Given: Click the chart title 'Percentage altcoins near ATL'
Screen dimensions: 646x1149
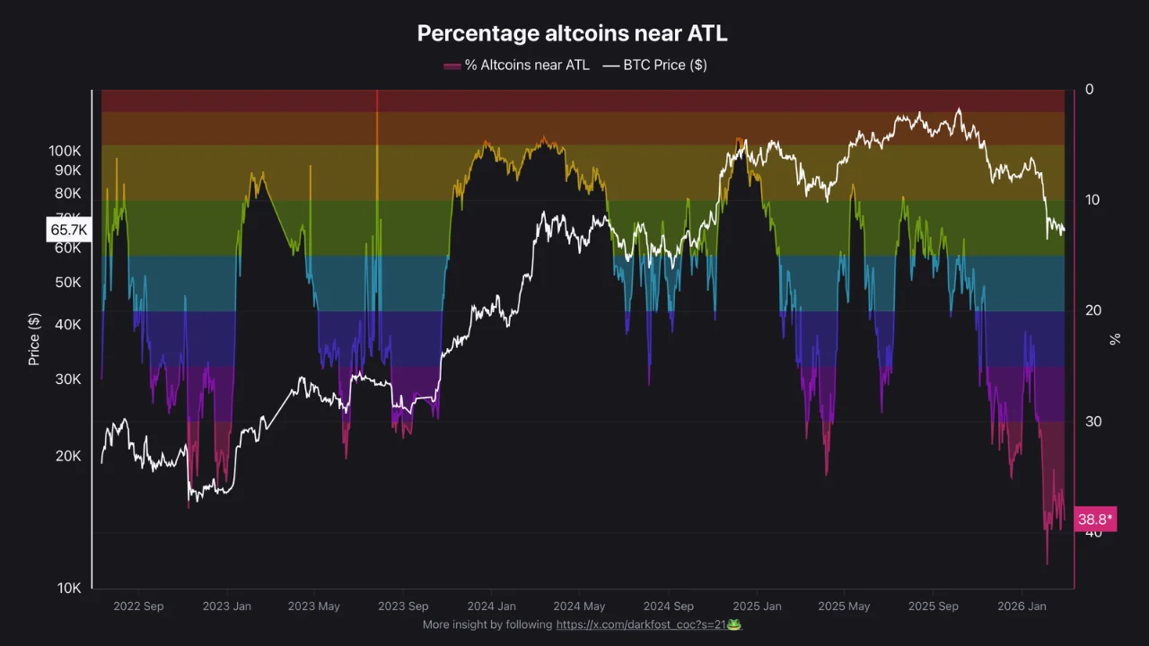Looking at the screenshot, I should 573,33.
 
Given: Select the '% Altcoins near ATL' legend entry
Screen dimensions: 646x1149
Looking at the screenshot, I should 517,65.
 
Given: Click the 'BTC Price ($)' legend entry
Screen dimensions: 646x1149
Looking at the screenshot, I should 655,65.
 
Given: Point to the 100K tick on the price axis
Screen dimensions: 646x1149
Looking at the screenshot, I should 65,151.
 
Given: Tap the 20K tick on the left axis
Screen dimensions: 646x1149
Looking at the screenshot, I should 68,456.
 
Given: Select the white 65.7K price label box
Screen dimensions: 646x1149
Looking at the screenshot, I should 68,230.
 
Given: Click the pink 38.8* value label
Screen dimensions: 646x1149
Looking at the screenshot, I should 1095,519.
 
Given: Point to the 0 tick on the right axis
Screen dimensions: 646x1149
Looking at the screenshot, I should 1090,89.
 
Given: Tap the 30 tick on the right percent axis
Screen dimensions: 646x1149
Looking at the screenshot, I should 1092,421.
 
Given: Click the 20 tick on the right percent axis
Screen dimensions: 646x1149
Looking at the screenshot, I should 1092,310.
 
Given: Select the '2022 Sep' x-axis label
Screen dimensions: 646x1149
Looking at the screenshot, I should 138,607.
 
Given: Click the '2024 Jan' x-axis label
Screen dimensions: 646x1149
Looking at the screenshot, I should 491,607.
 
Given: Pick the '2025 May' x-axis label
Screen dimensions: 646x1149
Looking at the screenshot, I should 844,607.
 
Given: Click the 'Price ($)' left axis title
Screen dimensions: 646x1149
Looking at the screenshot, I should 34,339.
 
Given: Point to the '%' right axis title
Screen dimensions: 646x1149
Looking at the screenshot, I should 1115,339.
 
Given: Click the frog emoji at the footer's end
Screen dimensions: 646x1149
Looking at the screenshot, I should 734,624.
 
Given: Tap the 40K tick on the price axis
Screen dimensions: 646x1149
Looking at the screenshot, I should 68,324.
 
